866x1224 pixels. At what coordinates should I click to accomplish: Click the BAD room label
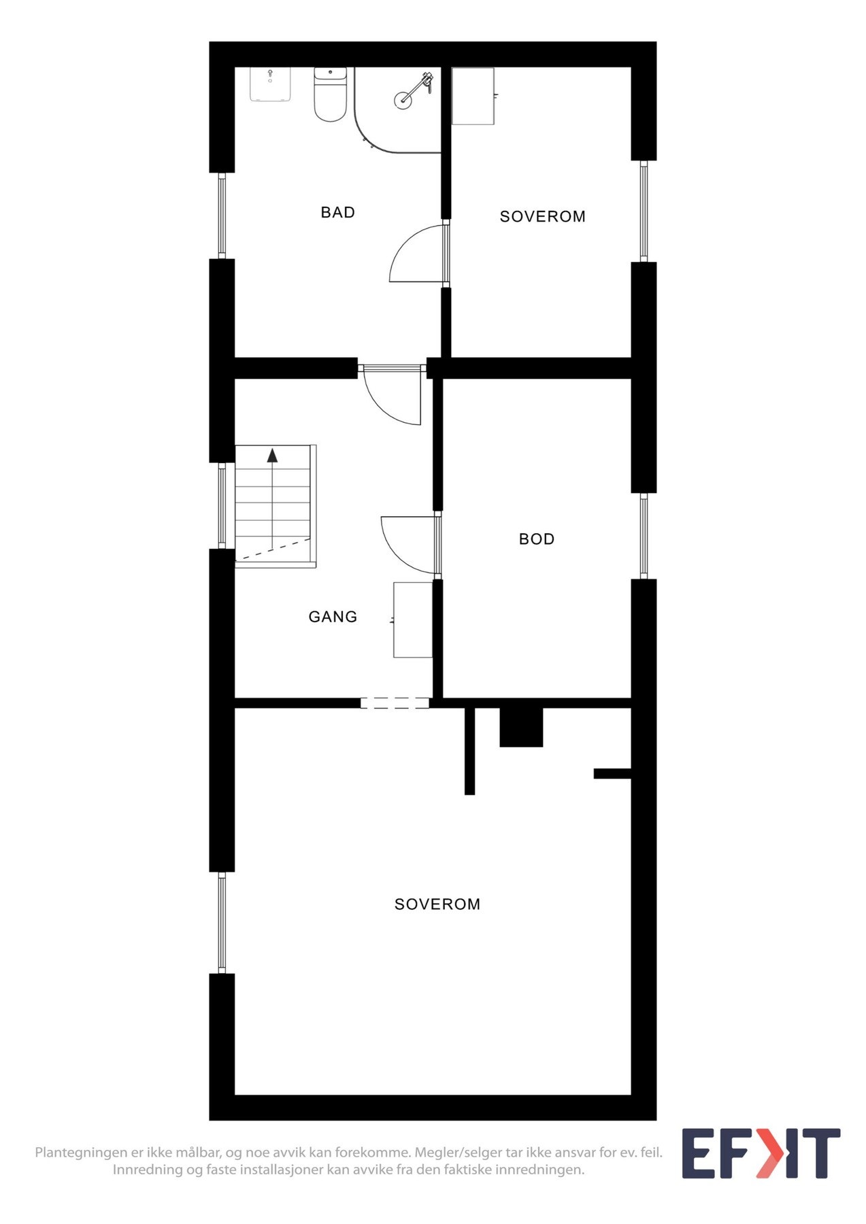point(337,212)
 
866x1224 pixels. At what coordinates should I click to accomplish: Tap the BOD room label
point(536,539)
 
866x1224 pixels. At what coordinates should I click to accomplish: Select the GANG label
point(333,617)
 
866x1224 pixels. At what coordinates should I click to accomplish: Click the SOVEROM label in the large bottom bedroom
point(437,904)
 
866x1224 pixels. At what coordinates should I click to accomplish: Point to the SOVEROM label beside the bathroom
point(542,216)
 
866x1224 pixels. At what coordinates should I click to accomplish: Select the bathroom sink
point(270,84)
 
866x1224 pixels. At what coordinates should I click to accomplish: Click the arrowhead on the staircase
point(272,456)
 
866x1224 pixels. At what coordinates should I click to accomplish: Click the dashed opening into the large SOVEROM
point(395,703)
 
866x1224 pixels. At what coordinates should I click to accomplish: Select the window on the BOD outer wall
point(644,536)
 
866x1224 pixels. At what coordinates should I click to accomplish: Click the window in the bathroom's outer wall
point(222,216)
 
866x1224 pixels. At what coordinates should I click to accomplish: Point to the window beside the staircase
point(222,505)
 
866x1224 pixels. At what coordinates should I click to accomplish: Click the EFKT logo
point(761,1153)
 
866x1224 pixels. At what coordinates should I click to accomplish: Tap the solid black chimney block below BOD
point(521,727)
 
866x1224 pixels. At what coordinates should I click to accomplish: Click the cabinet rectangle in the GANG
point(413,619)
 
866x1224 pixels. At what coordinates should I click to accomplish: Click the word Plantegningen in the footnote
point(81,1153)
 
